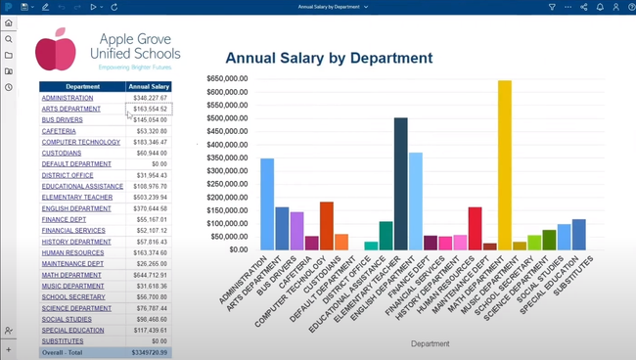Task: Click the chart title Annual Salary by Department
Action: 329,59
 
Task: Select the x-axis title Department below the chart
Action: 430,343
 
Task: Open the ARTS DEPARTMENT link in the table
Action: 70,109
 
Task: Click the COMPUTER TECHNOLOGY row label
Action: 80,142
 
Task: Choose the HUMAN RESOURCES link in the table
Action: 72,252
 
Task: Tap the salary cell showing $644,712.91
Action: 149,275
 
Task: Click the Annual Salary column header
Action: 149,87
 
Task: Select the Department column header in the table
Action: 82,87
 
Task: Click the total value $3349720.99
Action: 149,352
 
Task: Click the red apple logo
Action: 56,48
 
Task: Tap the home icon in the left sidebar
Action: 9,23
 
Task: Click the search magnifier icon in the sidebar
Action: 9,39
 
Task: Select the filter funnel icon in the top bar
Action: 552,7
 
